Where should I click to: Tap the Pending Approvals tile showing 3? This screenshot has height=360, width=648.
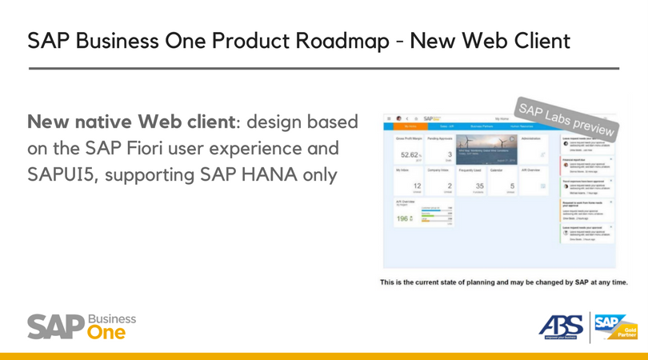point(445,149)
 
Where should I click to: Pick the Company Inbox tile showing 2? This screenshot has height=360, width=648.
point(445,181)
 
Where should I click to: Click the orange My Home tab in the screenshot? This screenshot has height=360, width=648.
point(410,126)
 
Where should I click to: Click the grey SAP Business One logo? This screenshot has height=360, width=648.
point(82,326)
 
